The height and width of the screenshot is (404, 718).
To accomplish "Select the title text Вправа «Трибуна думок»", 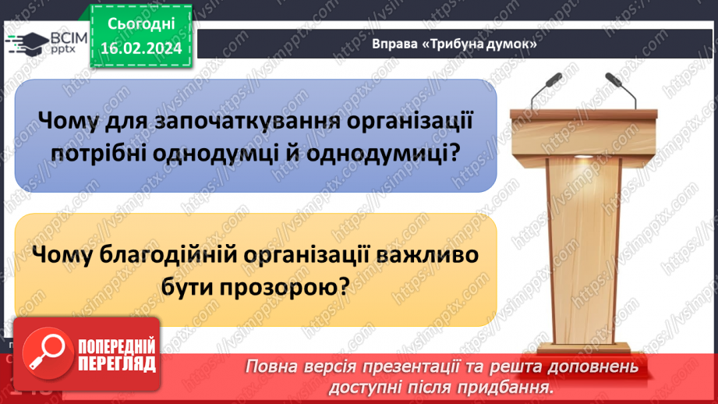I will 454,45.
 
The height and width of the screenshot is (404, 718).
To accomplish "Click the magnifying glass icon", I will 47,351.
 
